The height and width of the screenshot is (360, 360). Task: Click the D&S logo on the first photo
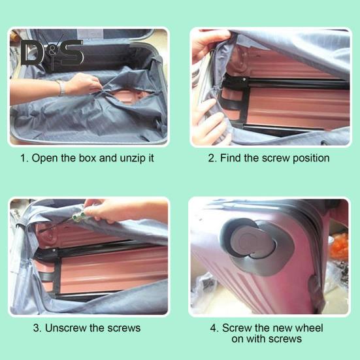[x=52, y=52]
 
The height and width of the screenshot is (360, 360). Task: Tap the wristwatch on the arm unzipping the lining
[x=61, y=88]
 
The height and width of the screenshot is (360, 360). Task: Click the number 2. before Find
[x=212, y=158]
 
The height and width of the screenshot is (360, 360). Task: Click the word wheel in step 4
[x=309, y=327]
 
